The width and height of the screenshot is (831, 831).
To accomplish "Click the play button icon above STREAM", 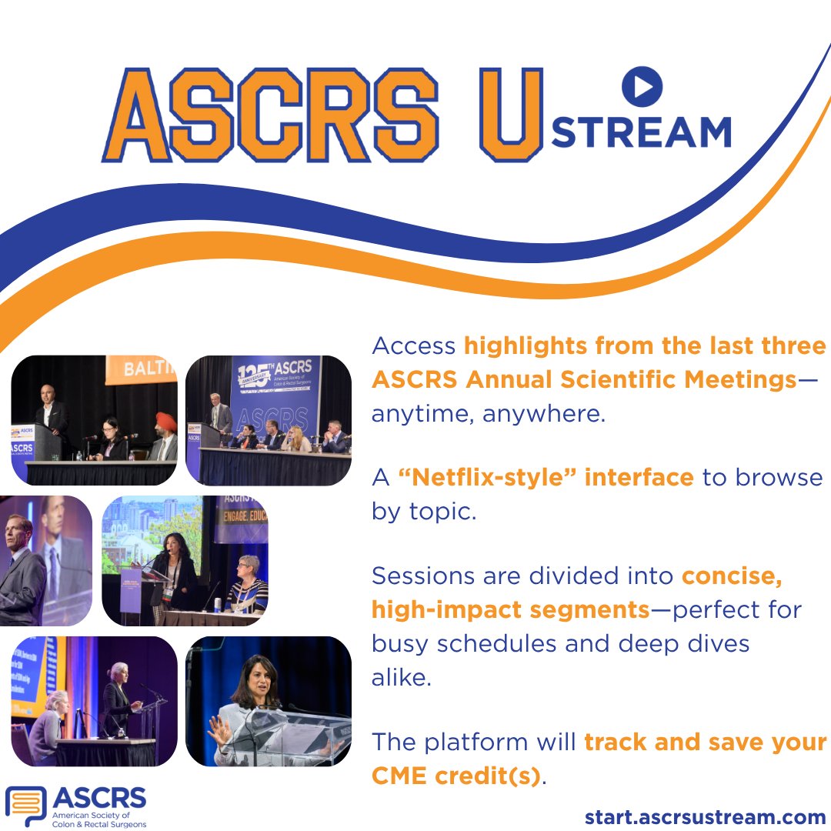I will tap(642, 86).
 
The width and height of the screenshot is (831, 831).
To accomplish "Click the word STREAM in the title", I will tap(641, 132).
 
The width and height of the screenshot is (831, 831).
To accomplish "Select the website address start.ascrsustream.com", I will tap(705, 816).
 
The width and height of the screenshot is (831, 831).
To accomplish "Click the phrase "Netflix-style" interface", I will tap(546, 477).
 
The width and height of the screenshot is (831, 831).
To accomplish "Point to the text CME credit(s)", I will tap(456, 776).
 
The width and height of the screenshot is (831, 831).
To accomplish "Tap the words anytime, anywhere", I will tap(489, 414).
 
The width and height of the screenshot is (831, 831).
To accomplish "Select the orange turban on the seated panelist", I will tap(166, 420).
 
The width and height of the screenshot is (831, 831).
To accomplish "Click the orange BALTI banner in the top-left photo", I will tap(140, 369).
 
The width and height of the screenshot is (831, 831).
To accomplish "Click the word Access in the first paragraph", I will tap(413, 345).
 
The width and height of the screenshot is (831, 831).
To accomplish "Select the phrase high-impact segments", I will tap(511, 609).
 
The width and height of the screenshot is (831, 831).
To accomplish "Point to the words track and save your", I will tap(705, 742).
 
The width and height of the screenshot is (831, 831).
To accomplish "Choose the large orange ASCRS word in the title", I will tap(271, 115).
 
